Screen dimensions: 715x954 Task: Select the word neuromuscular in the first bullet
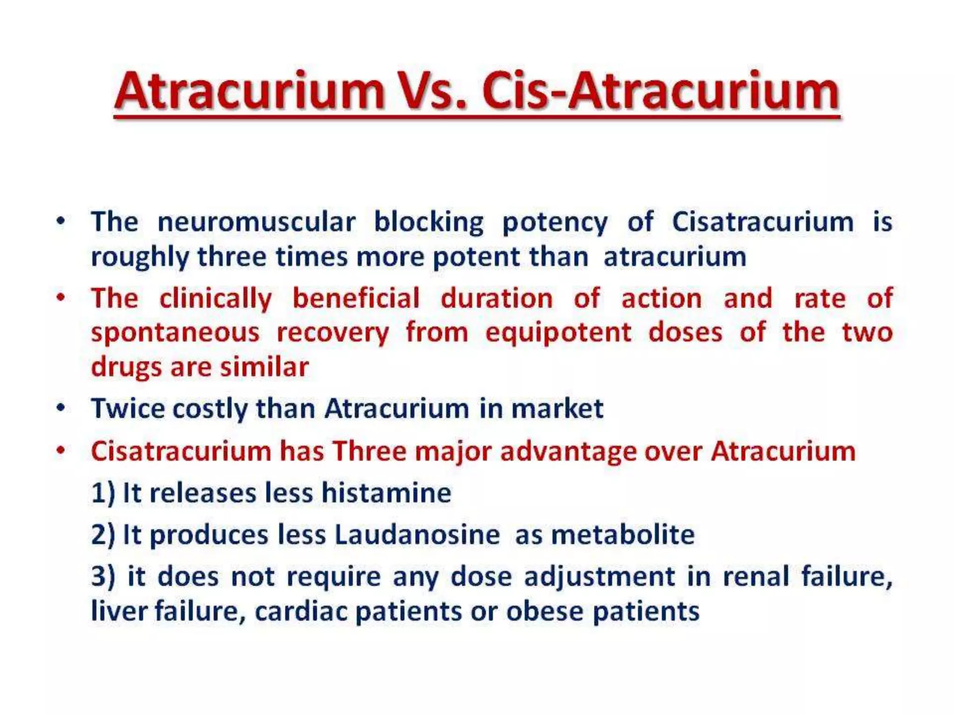pyautogui.click(x=257, y=222)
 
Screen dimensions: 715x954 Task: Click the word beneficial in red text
pyautogui.click(x=356, y=298)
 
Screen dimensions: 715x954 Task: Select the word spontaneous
pyautogui.click(x=175, y=333)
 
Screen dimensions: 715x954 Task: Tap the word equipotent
pyautogui.click(x=558, y=333)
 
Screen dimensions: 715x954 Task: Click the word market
pyautogui.click(x=557, y=409)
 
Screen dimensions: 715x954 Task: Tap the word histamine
pyautogui.click(x=386, y=493)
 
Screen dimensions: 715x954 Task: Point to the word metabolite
pyautogui.click(x=623, y=534)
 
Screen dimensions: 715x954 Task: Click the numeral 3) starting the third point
pyautogui.click(x=103, y=576)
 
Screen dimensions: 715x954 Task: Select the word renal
pyautogui.click(x=756, y=576)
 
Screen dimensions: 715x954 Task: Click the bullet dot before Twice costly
pyautogui.click(x=61, y=408)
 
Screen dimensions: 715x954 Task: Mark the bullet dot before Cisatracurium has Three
pyautogui.click(x=61, y=451)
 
